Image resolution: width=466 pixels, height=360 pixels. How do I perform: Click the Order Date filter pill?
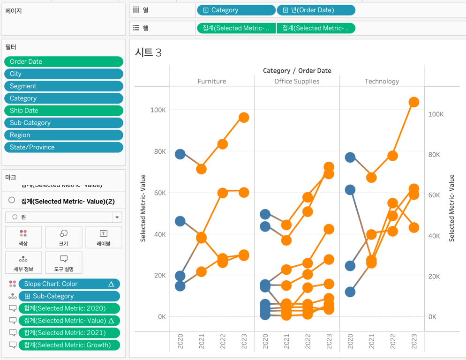point(63,61)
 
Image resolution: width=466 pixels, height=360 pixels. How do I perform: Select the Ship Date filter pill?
point(63,111)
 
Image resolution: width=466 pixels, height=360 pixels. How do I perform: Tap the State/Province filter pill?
point(63,147)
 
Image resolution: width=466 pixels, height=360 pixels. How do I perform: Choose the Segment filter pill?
point(63,86)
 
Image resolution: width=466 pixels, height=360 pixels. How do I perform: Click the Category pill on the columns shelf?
point(236,10)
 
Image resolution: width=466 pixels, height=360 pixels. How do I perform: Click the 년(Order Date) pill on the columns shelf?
point(316,10)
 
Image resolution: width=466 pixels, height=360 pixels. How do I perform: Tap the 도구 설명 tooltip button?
point(63,262)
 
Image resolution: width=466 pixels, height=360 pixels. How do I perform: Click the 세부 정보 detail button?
point(23,262)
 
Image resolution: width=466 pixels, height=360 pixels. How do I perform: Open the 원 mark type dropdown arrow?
point(117,217)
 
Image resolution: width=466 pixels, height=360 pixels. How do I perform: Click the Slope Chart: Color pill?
point(69,284)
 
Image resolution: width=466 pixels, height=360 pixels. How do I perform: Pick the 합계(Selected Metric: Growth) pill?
point(69,345)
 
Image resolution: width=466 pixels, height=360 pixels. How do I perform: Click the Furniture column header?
point(212,81)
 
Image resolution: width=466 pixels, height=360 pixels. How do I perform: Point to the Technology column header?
point(382,81)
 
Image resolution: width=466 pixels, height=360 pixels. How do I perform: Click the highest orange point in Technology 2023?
point(413,102)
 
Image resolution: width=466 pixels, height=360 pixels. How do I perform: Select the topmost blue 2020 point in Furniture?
point(180,154)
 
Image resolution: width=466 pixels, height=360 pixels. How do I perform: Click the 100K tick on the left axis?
point(158,110)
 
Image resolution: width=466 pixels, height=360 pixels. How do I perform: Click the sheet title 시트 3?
point(148,52)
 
